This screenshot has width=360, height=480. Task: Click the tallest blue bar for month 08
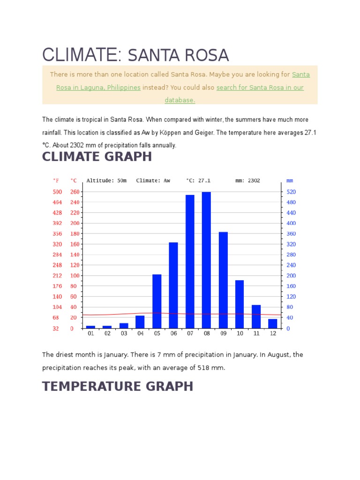[206, 260]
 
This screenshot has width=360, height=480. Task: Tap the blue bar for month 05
[157, 301]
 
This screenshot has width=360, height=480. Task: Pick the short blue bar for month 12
[272, 323]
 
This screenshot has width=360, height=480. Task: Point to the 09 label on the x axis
[223, 334]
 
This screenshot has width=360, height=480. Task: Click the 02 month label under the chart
[107, 334]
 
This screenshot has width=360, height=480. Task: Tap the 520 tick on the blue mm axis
[291, 192]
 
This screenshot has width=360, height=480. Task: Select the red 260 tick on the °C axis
[75, 192]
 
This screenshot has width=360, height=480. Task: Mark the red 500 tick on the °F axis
[57, 192]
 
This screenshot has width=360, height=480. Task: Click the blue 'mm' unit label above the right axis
[290, 180]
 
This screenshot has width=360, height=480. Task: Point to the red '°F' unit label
[56, 180]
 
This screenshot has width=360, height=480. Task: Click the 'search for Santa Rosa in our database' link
[260, 88]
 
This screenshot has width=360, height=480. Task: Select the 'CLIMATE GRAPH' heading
[97, 157]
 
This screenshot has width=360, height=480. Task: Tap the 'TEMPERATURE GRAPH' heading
[118, 386]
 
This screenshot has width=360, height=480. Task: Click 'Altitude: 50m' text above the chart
[106, 180]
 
